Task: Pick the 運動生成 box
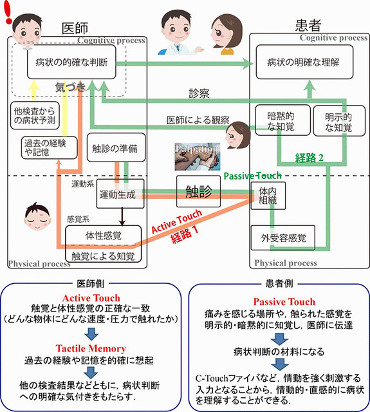[x=117, y=196]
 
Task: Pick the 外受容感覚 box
[x=282, y=238]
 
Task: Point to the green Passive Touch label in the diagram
[x=254, y=175]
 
